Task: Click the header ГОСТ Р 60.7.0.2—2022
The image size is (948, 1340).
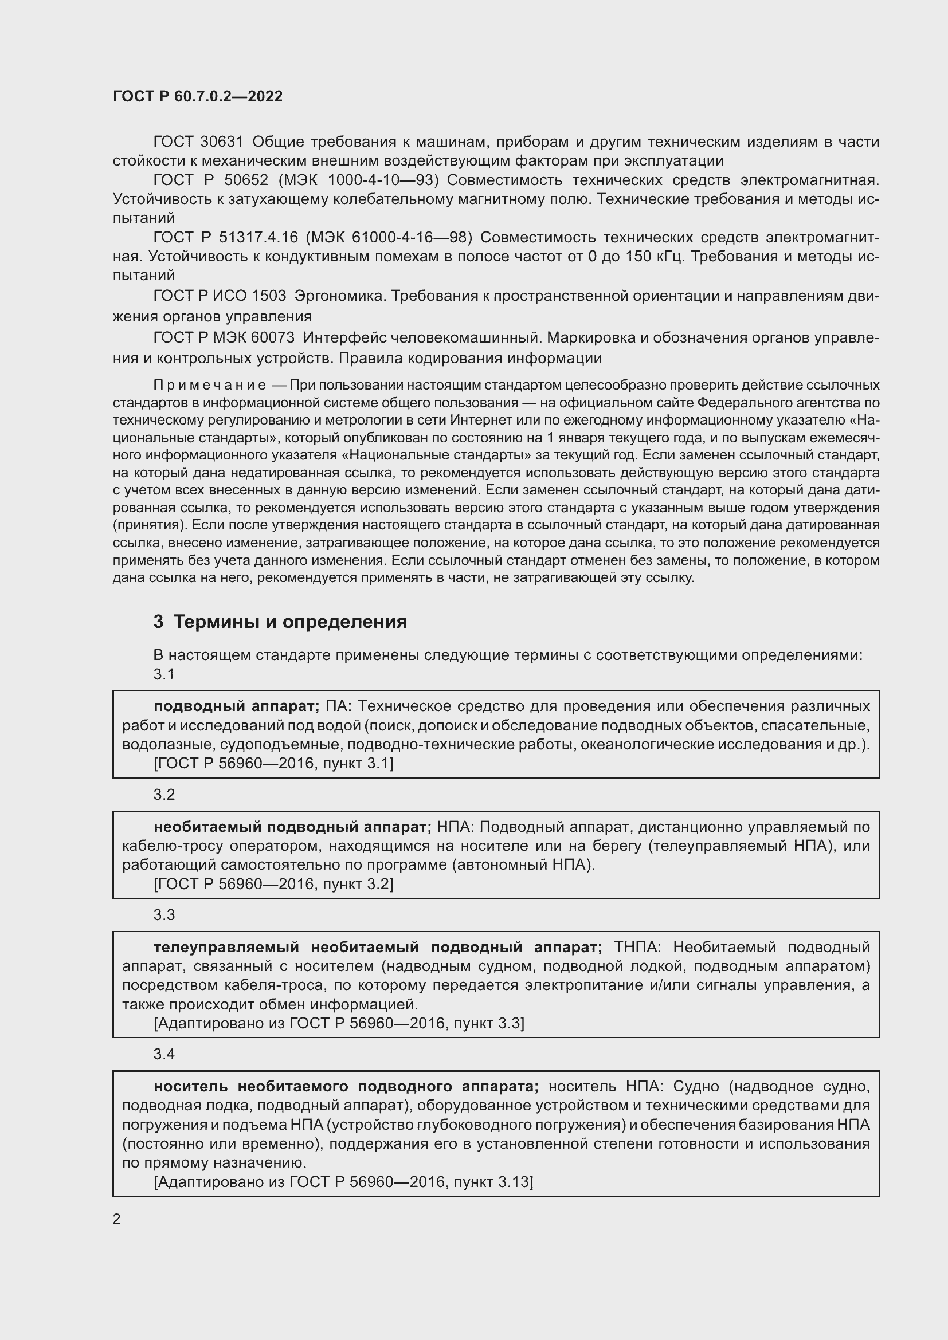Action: click(197, 96)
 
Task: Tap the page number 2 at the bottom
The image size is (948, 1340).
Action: click(117, 1219)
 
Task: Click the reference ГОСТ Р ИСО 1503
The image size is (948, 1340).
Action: click(220, 296)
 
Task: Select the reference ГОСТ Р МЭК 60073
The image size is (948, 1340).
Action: click(224, 338)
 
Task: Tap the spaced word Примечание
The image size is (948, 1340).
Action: click(210, 385)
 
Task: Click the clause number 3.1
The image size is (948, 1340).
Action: click(164, 674)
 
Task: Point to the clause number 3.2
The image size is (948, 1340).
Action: click(164, 794)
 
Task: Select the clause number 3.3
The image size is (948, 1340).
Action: click(164, 914)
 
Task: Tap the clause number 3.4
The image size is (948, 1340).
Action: click(164, 1054)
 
